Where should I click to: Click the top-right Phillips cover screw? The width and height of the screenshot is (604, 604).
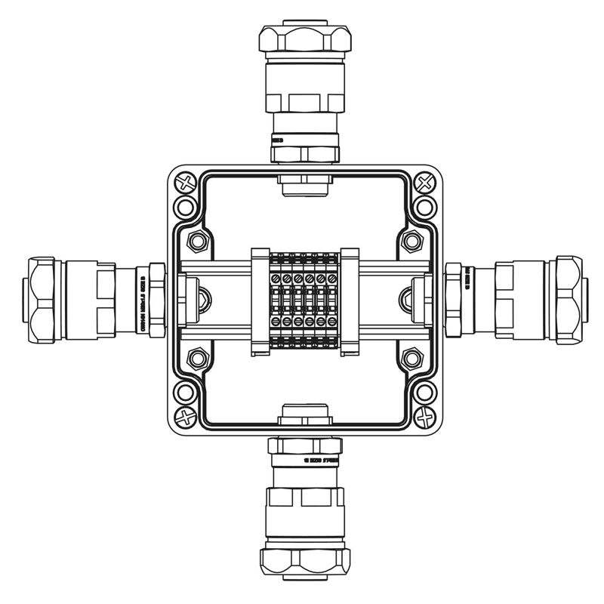click(x=425, y=183)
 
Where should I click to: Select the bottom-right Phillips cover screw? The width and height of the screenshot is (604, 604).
click(x=425, y=415)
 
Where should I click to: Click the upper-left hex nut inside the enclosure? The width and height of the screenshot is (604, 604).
click(x=199, y=242)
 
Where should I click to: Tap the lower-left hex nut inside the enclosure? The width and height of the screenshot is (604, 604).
click(x=199, y=356)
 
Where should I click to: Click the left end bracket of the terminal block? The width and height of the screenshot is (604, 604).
click(x=259, y=300)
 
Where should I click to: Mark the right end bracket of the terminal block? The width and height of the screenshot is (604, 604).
click(x=350, y=300)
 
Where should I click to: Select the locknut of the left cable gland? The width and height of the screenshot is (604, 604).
click(x=157, y=299)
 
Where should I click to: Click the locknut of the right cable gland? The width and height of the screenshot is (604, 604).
click(x=453, y=299)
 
